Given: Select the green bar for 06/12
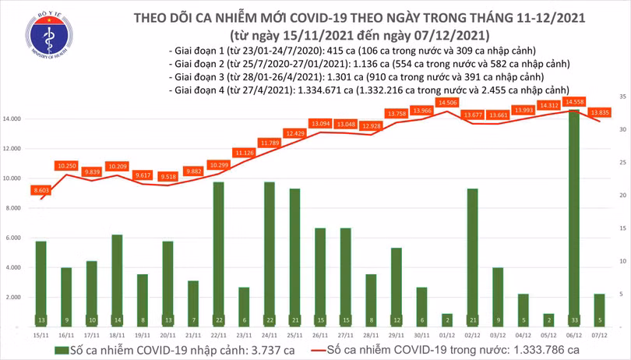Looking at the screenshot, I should (573, 218).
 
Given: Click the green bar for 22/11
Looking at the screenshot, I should (219, 253).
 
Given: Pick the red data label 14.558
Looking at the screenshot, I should (576, 102).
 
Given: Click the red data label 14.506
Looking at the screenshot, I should (448, 103).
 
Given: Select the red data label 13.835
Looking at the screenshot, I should (601, 113).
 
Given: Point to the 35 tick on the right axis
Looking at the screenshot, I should (622, 97).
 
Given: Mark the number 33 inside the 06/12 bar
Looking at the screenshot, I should (573, 319).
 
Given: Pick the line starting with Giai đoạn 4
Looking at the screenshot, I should (368, 90).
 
